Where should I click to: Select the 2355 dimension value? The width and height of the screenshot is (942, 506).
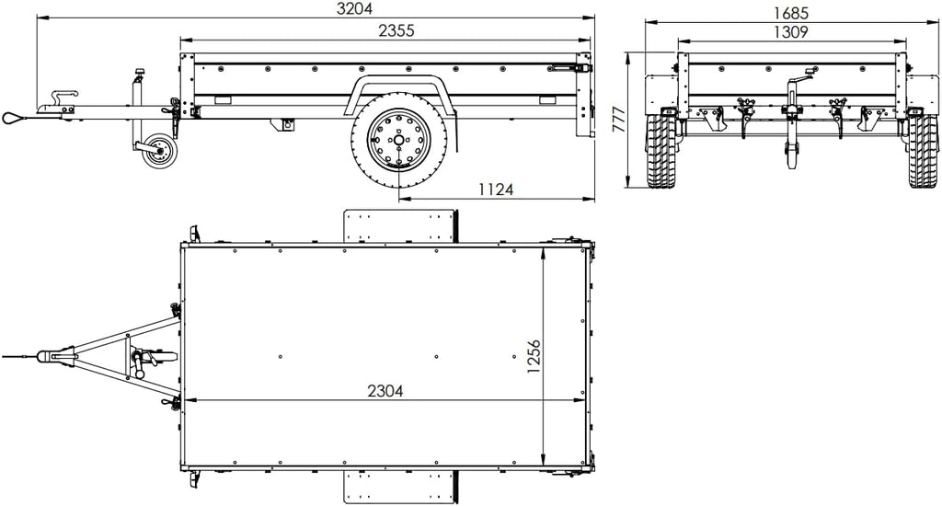coord(396,30)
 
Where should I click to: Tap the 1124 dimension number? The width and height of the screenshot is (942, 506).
coord(496,190)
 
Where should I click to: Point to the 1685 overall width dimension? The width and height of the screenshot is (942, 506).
coord(790,13)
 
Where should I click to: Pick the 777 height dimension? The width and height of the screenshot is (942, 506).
coord(619,119)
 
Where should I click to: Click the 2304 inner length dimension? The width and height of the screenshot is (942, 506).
coord(385,390)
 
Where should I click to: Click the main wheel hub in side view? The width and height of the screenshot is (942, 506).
coord(398,141)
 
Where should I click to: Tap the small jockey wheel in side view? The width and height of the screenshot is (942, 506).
coord(158,152)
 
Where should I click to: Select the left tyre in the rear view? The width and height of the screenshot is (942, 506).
coord(660,150)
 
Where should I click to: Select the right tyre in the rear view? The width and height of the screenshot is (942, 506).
coord(922,150)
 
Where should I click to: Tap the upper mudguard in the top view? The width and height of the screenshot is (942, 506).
coord(400,225)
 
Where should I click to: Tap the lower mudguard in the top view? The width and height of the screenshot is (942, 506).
coord(400,488)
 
